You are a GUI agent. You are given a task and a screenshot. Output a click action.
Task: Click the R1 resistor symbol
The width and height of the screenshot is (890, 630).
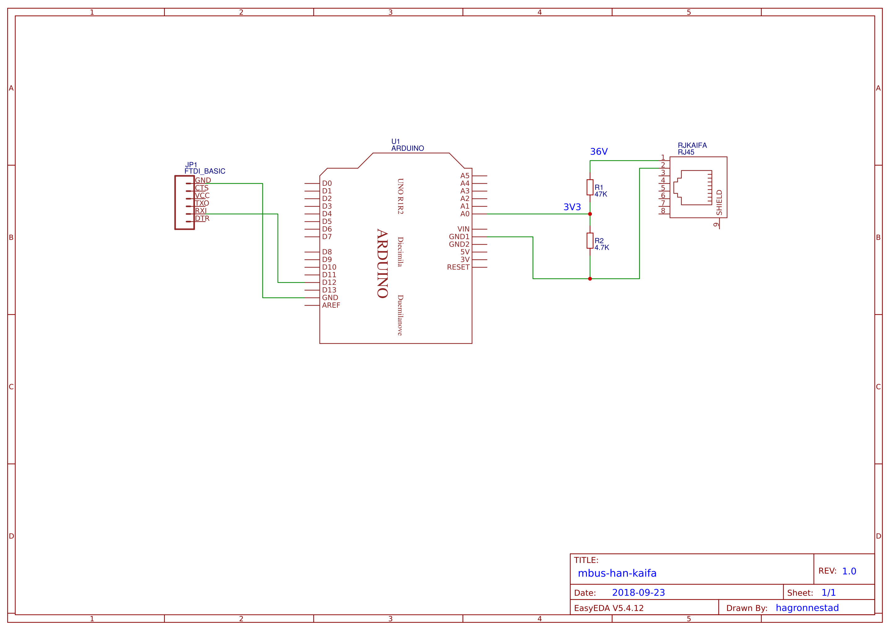590,187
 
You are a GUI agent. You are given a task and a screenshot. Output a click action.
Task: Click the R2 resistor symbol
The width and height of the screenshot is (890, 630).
590,240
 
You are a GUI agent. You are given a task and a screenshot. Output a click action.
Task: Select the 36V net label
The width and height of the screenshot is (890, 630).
599,152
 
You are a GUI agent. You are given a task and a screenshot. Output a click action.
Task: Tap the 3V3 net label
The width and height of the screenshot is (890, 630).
572,207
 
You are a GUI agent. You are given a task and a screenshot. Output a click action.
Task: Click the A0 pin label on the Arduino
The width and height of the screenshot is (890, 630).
465,214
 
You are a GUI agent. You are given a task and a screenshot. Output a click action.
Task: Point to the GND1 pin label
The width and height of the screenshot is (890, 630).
459,237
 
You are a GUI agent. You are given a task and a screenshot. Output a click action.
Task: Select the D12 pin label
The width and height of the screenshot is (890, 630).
329,282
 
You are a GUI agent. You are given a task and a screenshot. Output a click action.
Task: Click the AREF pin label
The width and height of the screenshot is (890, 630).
331,305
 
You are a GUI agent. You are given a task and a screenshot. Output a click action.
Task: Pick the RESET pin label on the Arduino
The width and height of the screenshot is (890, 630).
458,267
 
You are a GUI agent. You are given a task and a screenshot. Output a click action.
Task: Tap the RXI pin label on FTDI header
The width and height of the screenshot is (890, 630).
201,211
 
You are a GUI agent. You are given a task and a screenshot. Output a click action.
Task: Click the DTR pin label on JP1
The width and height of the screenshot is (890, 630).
202,218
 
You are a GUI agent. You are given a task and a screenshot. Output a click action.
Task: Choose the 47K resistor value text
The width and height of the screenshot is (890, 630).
601,194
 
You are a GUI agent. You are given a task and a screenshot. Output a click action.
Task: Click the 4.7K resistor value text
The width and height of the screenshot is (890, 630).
602,248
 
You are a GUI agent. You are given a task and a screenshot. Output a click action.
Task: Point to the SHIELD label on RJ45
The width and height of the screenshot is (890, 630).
720,203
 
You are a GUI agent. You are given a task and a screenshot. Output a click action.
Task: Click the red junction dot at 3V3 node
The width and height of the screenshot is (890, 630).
590,214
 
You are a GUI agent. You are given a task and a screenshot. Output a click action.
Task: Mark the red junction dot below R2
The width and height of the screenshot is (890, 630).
590,279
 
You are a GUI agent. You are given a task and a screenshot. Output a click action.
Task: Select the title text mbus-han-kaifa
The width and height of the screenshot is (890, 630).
617,573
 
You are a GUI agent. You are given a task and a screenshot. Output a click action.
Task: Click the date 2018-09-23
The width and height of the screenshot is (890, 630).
638,593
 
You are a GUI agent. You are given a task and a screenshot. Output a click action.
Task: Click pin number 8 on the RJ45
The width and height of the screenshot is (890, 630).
663,211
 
